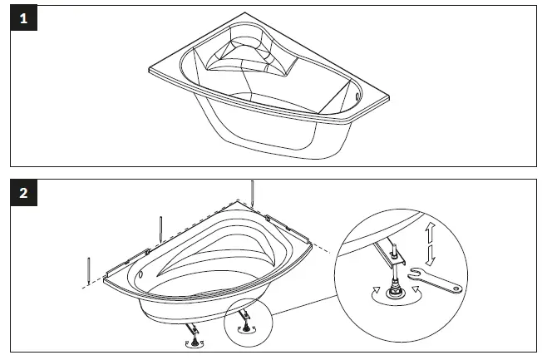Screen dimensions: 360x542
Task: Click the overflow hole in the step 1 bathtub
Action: click(x=358, y=95)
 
